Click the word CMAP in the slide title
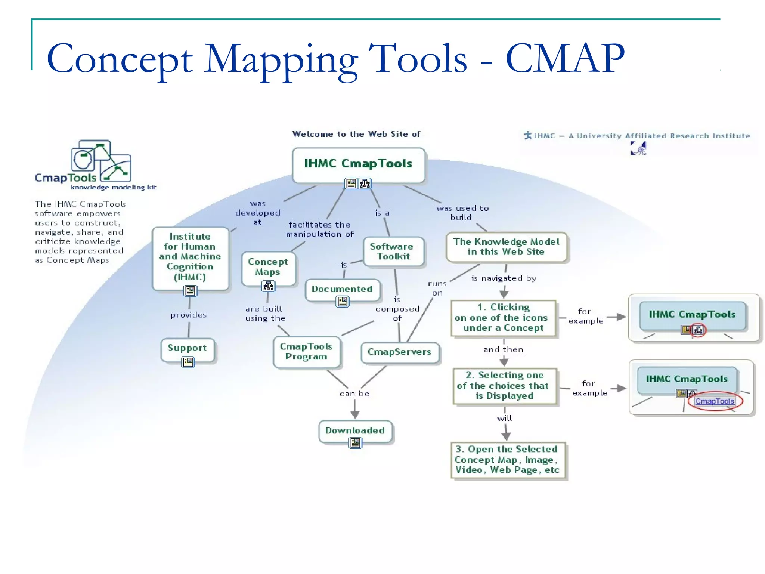[565, 59]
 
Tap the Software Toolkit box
[394, 251]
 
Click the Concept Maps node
[268, 267]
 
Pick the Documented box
[342, 289]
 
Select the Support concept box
[188, 348]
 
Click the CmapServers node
[399, 352]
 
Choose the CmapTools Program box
[306, 352]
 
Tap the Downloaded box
[355, 430]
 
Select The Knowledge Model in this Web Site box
[506, 247]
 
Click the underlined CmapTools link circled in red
[714, 401]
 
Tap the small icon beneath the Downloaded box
[355, 443]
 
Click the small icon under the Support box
[188, 362]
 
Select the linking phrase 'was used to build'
[462, 213]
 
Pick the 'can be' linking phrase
[354, 394]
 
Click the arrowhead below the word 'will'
[506, 436]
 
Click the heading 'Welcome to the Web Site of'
[356, 134]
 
